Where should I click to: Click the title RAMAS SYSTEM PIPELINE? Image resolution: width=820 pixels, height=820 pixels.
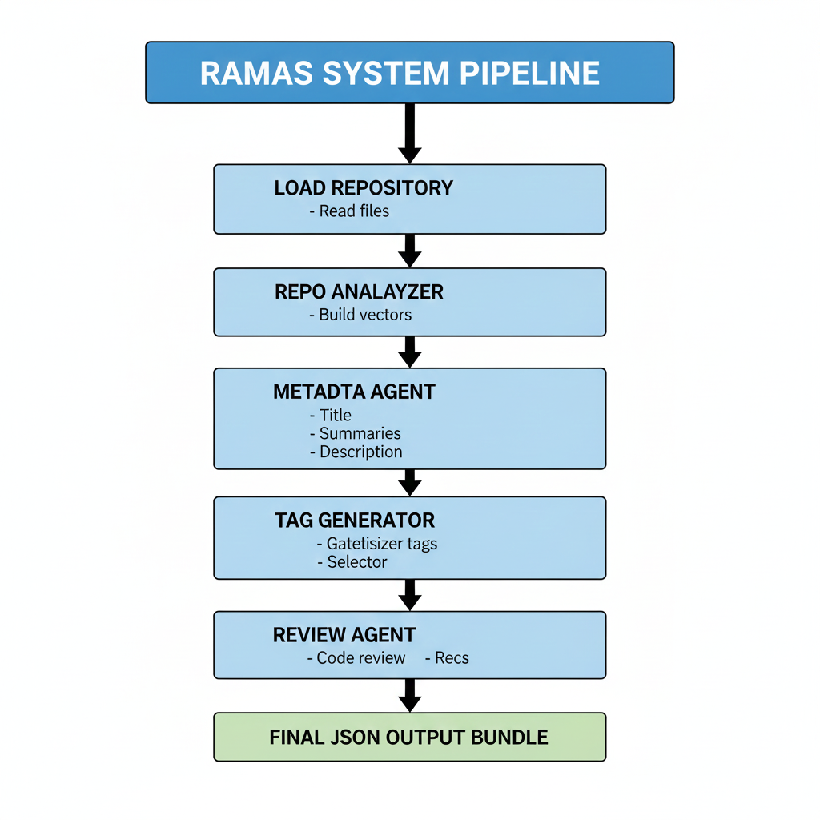tap(400, 73)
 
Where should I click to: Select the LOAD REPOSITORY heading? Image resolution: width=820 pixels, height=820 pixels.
tap(364, 188)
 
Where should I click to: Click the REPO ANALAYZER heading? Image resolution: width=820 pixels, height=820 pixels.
tap(359, 291)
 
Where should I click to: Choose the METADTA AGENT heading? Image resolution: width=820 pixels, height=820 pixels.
tap(354, 392)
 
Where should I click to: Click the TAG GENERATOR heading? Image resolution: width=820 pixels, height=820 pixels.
tap(355, 521)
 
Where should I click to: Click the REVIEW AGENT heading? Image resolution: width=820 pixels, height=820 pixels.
tap(344, 635)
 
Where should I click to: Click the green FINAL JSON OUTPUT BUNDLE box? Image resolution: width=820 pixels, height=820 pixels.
tap(409, 737)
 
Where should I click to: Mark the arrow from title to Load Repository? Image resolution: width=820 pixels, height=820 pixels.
tap(409, 133)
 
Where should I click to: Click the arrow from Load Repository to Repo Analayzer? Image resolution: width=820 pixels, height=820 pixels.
tap(409, 251)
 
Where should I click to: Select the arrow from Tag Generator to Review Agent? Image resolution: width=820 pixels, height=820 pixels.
tap(409, 594)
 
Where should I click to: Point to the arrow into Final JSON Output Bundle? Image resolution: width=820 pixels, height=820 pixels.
tap(409, 695)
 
